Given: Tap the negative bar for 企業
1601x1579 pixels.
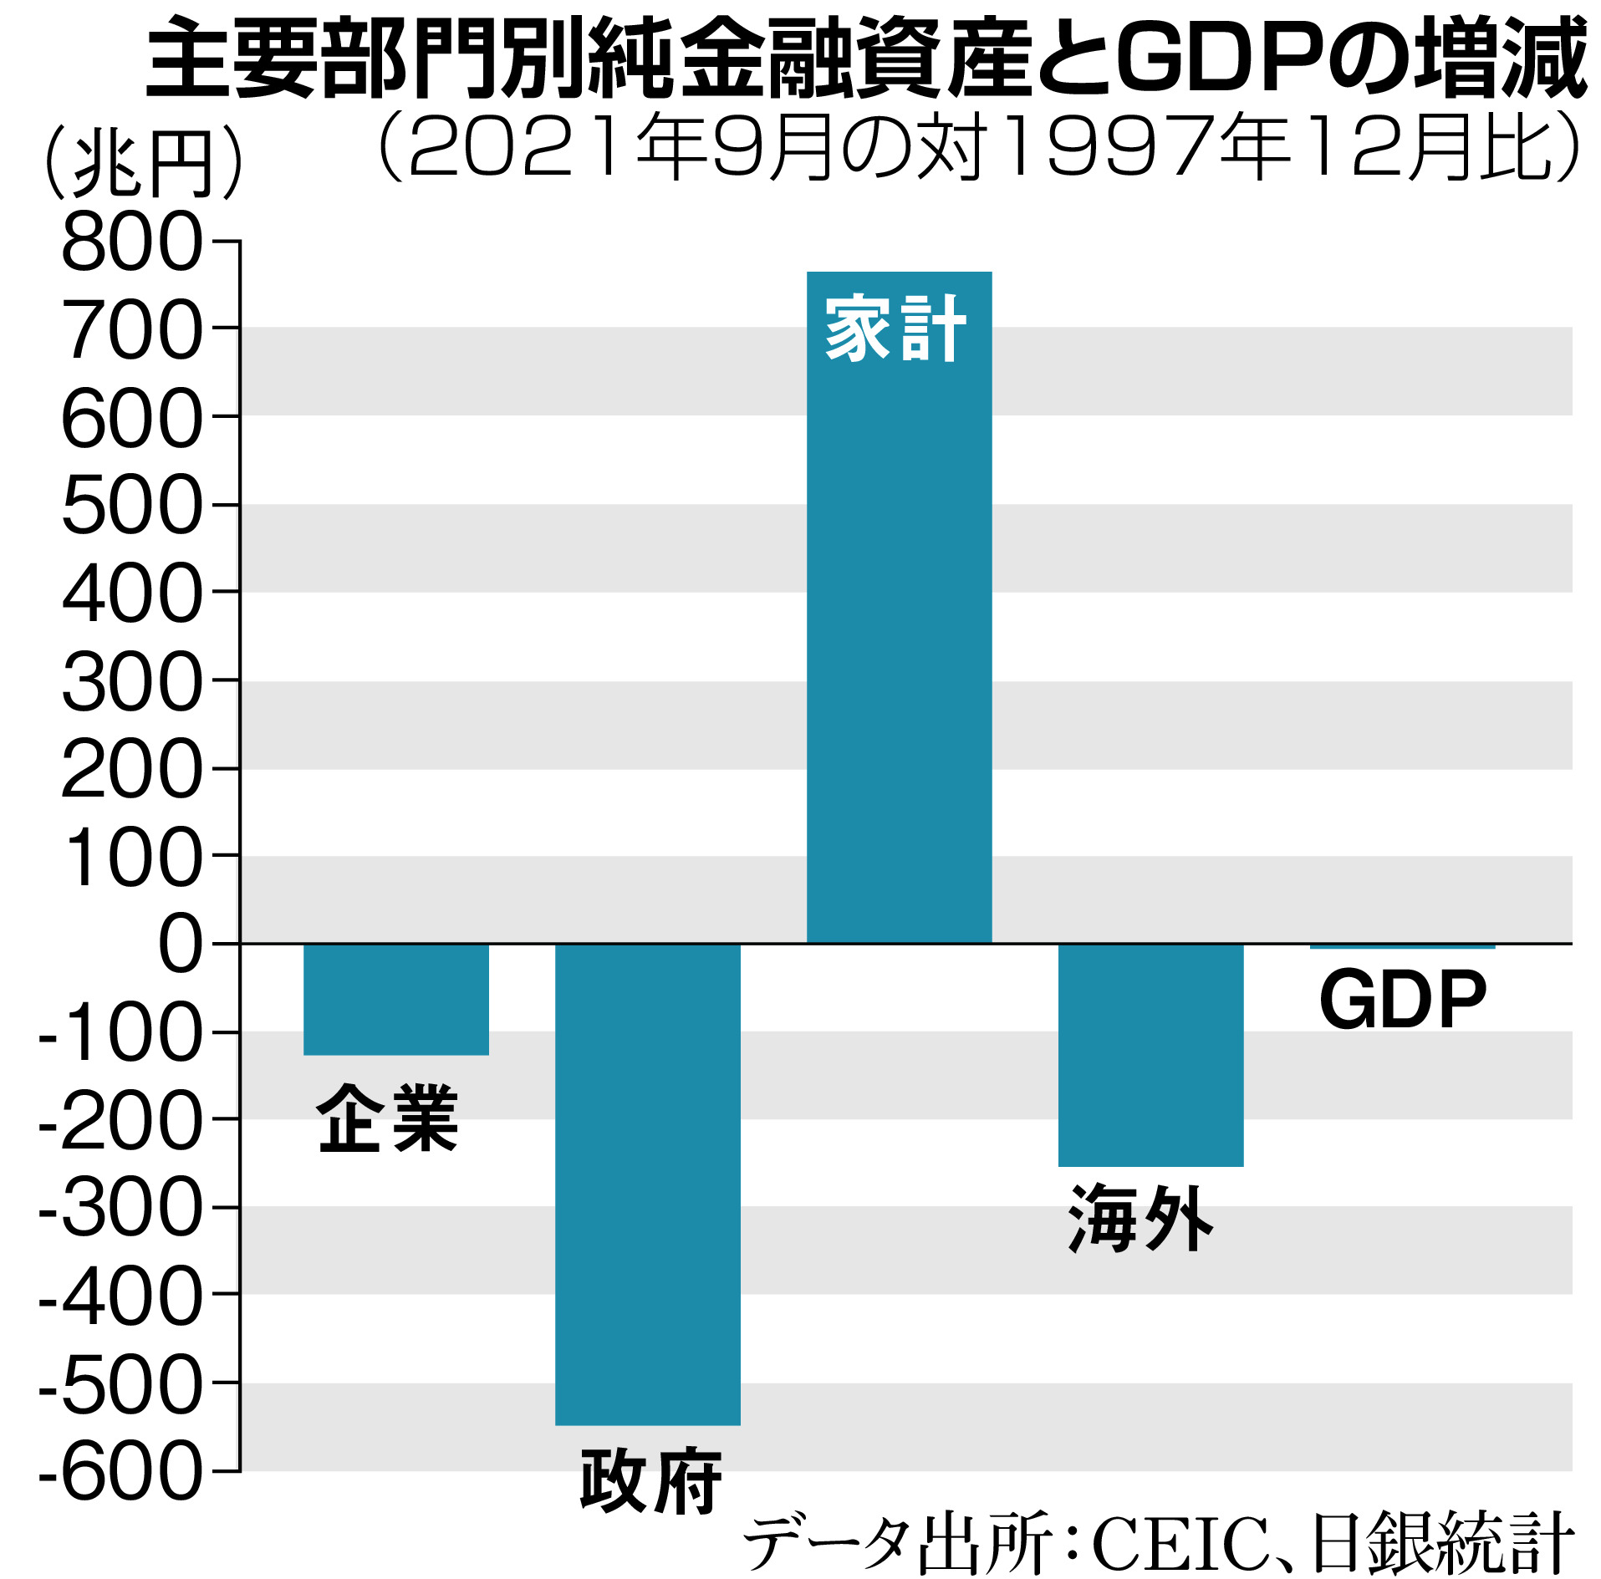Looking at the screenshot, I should tap(395, 1000).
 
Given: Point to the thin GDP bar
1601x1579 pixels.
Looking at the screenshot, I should tap(1402, 946).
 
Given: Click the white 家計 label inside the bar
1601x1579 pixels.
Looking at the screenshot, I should tap(895, 329).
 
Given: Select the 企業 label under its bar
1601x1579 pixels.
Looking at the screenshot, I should tap(387, 1118).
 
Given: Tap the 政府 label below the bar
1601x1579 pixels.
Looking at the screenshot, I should tap(650, 1481).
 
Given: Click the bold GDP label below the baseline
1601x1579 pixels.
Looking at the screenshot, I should tap(1402, 1001).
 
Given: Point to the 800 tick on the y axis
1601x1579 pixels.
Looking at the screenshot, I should tap(132, 242).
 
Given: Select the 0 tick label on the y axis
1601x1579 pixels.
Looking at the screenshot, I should tap(180, 944).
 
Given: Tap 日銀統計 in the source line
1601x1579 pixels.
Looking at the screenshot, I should tap(1444, 1543).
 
